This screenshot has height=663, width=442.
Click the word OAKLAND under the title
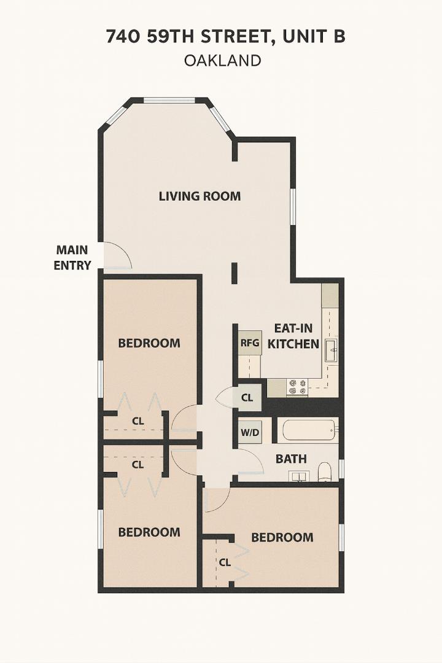pos(222,60)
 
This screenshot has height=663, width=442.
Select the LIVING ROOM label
pos(200,196)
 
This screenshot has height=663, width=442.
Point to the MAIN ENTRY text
pos(72,258)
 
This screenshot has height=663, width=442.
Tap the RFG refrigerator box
pos(250,343)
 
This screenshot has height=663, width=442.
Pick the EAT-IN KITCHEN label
pos(293,336)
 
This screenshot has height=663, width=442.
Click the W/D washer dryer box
pos(249,432)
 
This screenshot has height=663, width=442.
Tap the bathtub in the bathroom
pos(309,430)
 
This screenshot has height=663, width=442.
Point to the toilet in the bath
pos(325,471)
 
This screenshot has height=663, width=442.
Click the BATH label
pos(291,459)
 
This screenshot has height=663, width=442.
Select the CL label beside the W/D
pos(247,397)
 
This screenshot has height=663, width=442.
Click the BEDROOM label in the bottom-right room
pos(282,537)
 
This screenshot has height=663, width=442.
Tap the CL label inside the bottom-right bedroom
pos(225,562)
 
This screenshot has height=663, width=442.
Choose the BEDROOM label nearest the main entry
pos(149,343)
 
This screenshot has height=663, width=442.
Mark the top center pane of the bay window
pos(169,100)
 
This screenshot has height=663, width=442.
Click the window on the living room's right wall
pos(293,207)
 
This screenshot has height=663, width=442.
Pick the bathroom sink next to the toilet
pos(300,476)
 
